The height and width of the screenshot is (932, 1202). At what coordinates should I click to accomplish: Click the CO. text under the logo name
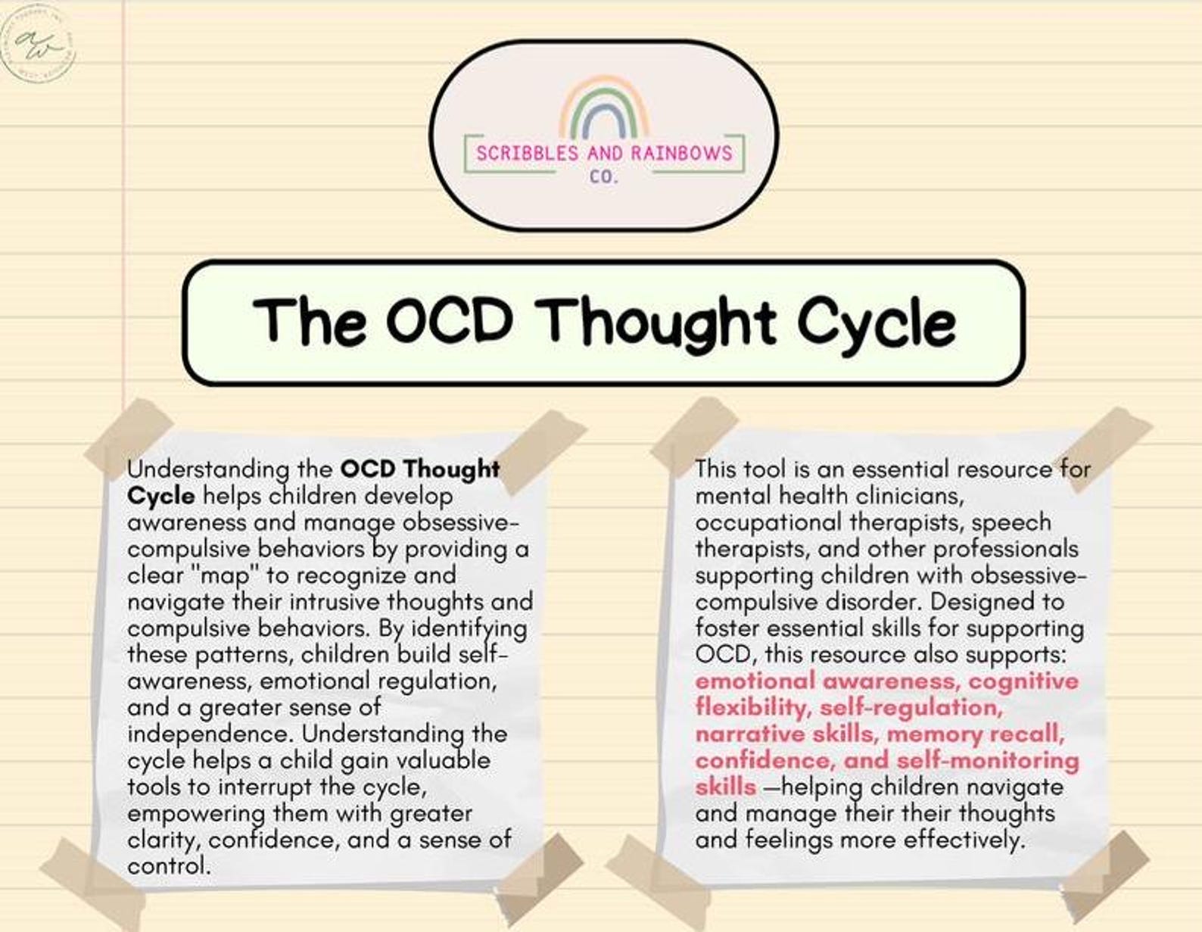604,179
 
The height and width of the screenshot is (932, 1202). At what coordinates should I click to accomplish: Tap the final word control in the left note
167,866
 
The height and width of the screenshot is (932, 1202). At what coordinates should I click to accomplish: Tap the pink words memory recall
976,734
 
